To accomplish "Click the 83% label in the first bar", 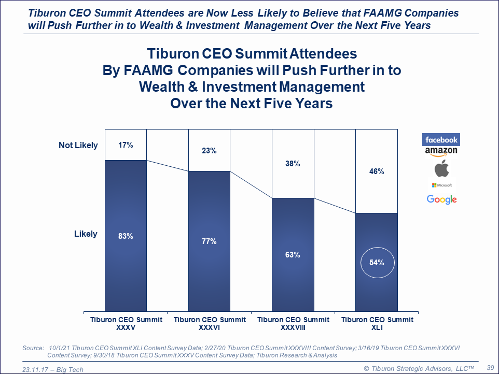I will click(126, 236).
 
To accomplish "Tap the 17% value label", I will click(126, 145).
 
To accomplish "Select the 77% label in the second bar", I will click(209, 241).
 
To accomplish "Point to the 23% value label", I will click(209, 151).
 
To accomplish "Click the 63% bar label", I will click(293, 255).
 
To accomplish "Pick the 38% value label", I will click(293, 164).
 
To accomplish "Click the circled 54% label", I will click(377, 263).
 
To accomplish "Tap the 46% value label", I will click(377, 171).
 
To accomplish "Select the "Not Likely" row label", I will click(78, 146).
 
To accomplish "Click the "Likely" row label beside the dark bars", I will click(86, 234).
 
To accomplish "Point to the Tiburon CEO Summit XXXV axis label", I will click(126, 324).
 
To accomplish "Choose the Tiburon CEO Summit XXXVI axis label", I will click(210, 324).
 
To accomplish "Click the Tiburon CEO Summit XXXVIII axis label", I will click(293, 324).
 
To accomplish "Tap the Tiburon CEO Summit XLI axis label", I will click(377, 324).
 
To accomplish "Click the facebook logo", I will click(441, 140).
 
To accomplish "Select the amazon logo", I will click(441, 151).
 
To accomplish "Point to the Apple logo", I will click(442, 169).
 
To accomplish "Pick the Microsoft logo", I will click(442, 185).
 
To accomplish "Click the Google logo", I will click(442, 199).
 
